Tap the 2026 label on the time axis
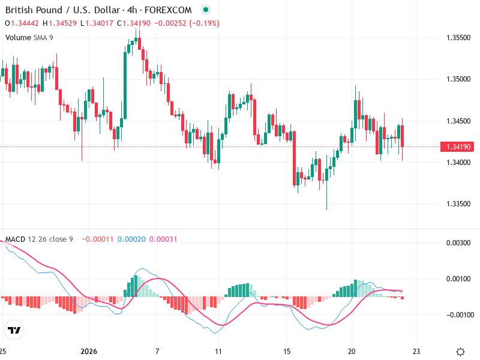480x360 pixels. [x=88, y=351]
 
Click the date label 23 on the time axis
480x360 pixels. [x=418, y=351]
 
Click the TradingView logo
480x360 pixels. [x=14, y=330]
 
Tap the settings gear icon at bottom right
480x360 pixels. [x=461, y=352]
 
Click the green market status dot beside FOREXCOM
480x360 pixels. [x=206, y=10]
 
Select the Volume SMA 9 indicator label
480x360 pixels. [x=29, y=37]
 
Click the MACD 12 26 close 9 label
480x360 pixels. [x=39, y=239]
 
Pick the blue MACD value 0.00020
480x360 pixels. [x=130, y=239]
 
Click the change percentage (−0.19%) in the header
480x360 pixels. [x=205, y=23]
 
